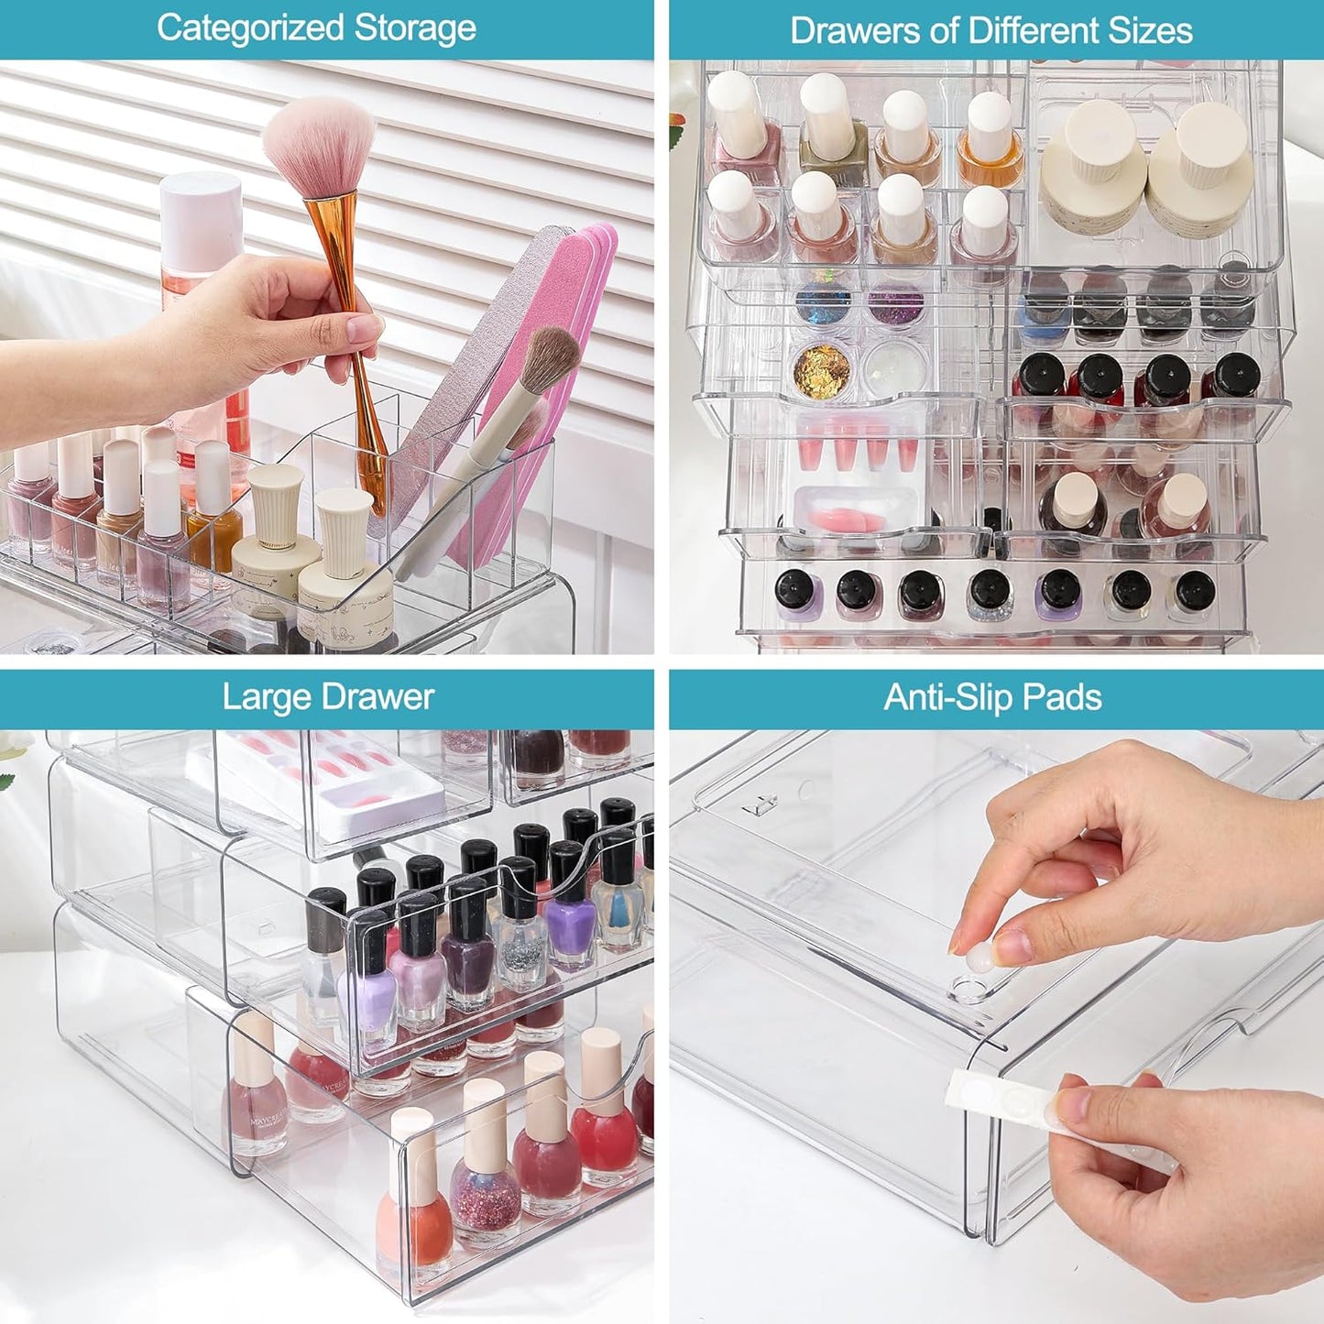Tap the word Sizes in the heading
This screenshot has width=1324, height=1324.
click(x=1149, y=30)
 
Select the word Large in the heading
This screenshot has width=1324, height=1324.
click(x=261, y=697)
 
